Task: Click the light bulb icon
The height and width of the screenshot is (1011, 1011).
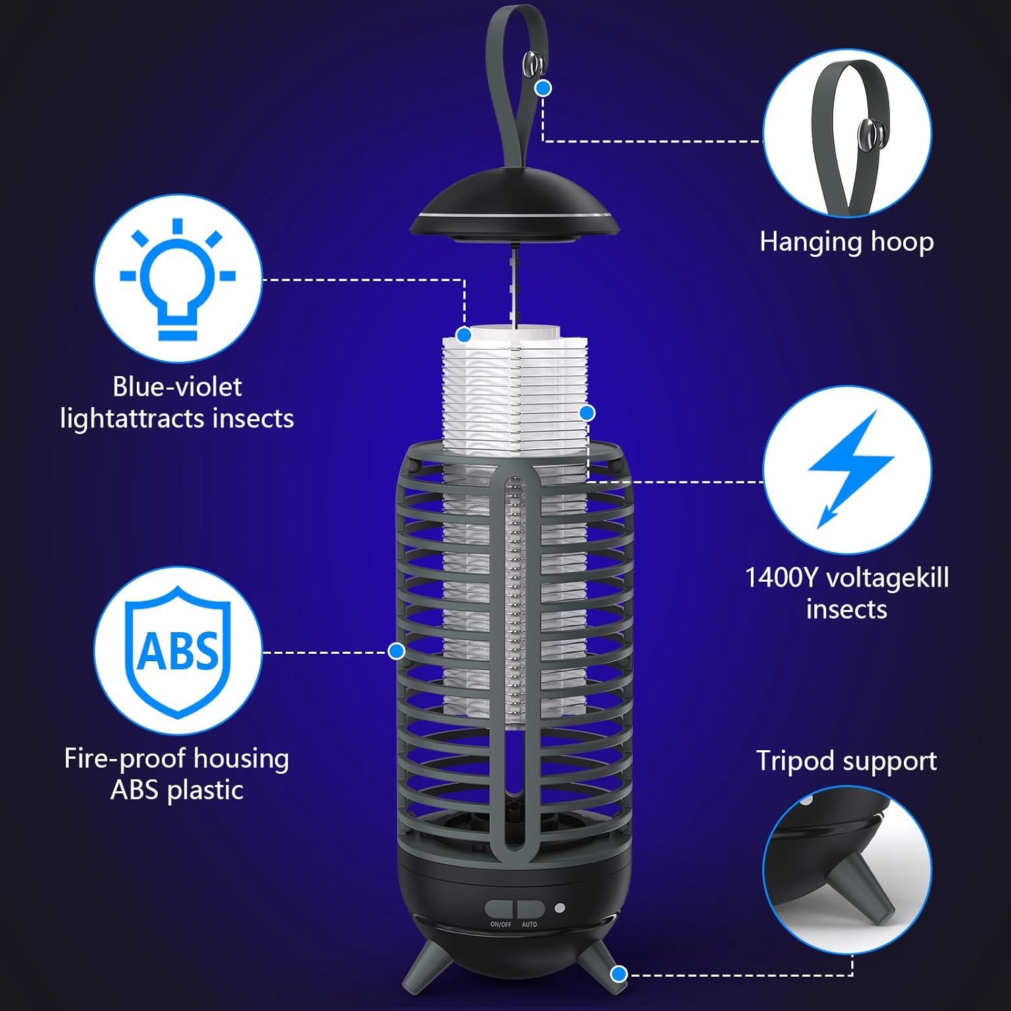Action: pyautogui.click(x=177, y=278)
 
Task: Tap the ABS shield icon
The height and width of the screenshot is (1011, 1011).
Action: pyautogui.click(x=178, y=651)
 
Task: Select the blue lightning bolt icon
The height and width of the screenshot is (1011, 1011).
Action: pyautogui.click(x=849, y=468)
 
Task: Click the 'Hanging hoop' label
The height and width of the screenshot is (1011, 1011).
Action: pyautogui.click(x=847, y=242)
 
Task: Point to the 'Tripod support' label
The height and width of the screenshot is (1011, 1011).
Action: pyautogui.click(x=846, y=761)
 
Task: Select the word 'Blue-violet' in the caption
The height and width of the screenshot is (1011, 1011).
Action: pyautogui.click(x=177, y=387)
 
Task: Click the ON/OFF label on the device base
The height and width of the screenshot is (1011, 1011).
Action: pyautogui.click(x=500, y=924)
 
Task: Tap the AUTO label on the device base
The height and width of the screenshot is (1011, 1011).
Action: pyautogui.click(x=529, y=924)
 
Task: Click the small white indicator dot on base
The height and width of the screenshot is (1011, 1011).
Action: pyautogui.click(x=559, y=908)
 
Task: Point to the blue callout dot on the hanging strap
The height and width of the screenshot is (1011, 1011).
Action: pyautogui.click(x=543, y=88)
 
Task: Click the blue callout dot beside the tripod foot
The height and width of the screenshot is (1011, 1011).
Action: pyautogui.click(x=619, y=974)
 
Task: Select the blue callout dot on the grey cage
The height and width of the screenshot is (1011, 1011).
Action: pyautogui.click(x=396, y=651)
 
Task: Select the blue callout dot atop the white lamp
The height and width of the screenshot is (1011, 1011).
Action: pyautogui.click(x=464, y=335)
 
